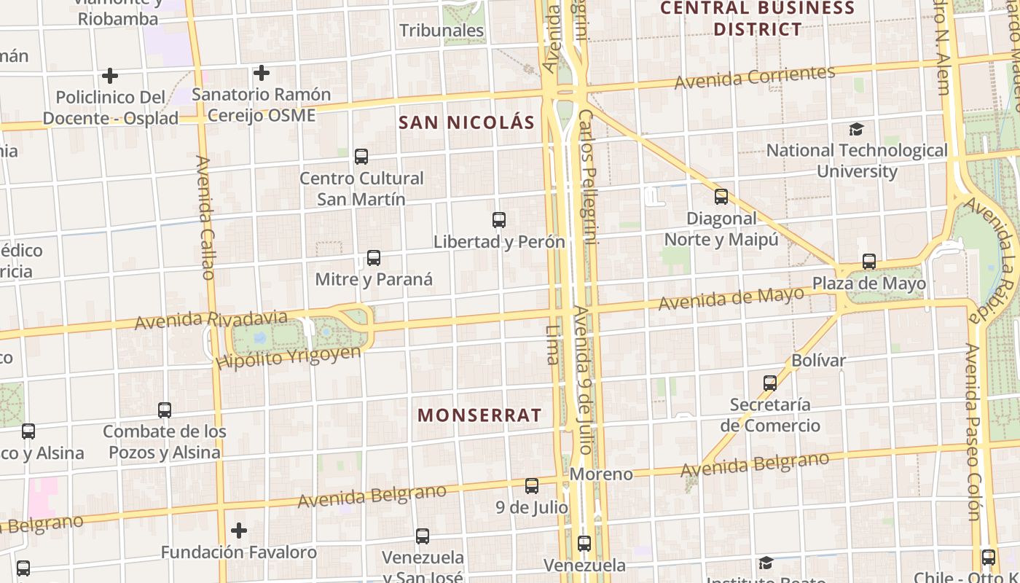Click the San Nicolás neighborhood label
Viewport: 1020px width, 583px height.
466,122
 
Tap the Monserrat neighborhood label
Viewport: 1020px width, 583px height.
479,415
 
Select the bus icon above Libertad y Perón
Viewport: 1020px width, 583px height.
499,220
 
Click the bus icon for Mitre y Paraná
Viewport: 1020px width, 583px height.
374,258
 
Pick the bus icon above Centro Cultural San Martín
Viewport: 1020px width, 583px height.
361,157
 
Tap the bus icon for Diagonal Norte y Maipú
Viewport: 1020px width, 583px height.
721,197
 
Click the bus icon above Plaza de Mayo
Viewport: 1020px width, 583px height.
869,262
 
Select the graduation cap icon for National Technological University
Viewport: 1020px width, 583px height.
857,130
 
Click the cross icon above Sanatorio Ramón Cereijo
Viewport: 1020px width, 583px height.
262,73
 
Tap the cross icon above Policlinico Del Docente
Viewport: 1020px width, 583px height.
110,76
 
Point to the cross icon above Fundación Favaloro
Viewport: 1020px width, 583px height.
239,531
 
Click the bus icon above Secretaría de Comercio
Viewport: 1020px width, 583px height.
770,383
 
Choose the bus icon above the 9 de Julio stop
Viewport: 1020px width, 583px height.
532,486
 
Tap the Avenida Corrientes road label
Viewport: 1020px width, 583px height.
754,77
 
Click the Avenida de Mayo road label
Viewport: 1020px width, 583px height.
731,298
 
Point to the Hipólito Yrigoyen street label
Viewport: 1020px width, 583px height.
289,357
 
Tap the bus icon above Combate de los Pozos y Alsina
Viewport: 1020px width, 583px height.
165,410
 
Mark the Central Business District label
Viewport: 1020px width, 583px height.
758,19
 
